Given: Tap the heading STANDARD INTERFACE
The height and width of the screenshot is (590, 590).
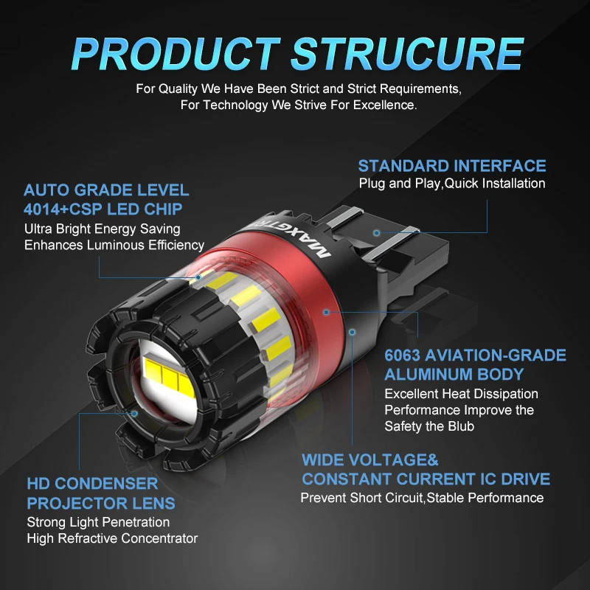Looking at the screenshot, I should [452, 165].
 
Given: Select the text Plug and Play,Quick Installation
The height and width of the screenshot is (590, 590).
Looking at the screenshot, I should [452, 183].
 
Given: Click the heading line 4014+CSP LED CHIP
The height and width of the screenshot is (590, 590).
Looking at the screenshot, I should [103, 209].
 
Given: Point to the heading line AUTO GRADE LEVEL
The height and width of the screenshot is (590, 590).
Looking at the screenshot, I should [106, 190].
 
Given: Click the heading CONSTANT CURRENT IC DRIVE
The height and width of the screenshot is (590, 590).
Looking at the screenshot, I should [426, 479].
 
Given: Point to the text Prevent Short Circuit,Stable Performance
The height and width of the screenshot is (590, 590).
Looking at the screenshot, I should [422, 498].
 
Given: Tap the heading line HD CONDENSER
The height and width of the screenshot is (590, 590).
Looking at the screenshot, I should [92, 485].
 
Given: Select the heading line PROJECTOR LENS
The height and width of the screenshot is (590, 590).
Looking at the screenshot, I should [101, 504].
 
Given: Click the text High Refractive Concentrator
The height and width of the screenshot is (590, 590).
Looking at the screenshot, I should [112, 538].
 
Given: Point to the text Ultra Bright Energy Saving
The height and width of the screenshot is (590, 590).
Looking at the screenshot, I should [102, 229].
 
